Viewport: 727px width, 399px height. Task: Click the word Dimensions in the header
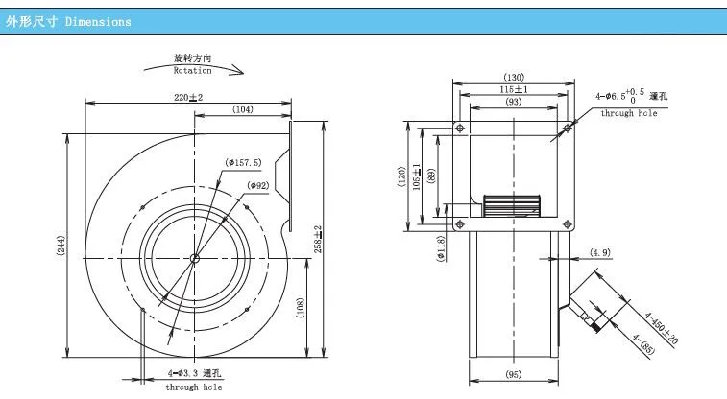point(98,22)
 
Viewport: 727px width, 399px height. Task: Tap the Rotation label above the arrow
point(192,71)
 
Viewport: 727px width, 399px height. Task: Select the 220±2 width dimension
point(188,97)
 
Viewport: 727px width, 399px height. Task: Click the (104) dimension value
point(242,109)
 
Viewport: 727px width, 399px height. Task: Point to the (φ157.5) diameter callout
point(243,162)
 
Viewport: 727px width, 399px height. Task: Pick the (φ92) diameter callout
point(257,186)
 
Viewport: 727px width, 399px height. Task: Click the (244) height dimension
point(61,246)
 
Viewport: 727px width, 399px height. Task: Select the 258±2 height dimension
point(318,240)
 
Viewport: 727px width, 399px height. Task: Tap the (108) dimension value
point(301,308)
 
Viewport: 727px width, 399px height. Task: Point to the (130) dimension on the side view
point(514,77)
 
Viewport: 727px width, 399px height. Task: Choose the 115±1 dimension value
point(514,89)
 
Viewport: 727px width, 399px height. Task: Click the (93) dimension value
point(514,102)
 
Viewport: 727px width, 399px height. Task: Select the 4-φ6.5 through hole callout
point(631,104)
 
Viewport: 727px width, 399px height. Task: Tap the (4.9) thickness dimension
point(600,252)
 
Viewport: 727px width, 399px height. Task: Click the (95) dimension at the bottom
point(514,374)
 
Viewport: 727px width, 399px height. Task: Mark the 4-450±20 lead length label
point(662,328)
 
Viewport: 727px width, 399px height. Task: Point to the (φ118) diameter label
point(441,248)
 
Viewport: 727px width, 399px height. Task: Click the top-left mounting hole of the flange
point(460,128)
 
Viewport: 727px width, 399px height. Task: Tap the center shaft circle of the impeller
point(195,258)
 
